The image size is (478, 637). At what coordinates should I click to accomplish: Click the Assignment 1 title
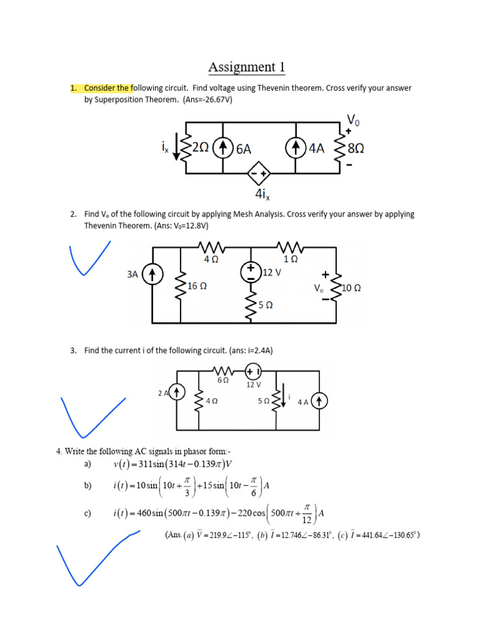247,67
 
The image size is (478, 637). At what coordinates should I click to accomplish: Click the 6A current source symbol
223,148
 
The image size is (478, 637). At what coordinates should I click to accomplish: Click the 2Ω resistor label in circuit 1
200,147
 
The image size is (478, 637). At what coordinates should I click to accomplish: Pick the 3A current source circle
153,274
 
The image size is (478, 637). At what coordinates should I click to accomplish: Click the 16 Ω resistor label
197,286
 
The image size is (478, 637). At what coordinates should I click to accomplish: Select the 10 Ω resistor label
352,288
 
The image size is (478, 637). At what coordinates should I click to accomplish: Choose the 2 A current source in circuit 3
177,393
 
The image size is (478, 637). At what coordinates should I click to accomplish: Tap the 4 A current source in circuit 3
319,402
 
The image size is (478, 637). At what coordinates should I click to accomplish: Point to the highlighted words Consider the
108,88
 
